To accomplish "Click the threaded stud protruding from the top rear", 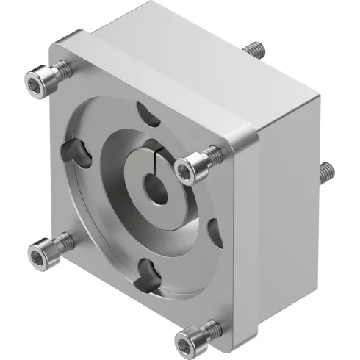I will [253, 50].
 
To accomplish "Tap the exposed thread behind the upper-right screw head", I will [213, 154].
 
